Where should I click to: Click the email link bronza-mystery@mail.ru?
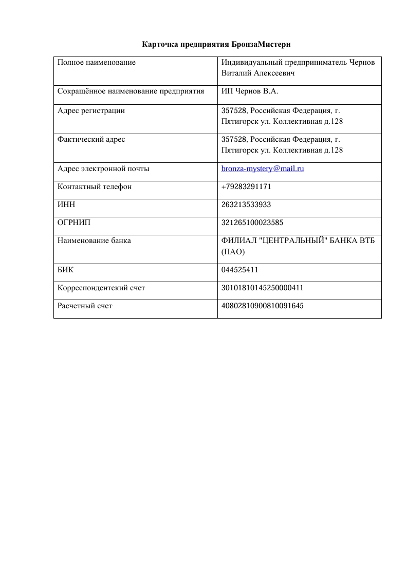click(262, 169)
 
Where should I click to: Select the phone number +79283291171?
click(246, 187)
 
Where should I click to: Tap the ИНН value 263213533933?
click(246, 204)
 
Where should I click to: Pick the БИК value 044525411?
click(239, 270)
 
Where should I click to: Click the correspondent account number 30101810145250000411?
click(259, 288)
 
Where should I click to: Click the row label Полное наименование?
click(97, 62)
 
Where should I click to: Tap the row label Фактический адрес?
click(91, 139)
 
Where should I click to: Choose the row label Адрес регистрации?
click(91, 110)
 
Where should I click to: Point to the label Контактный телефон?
click(95, 187)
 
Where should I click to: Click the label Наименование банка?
click(94, 240)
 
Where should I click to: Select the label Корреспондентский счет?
click(101, 288)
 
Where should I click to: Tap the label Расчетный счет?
click(85, 306)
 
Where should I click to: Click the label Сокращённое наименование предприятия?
click(131, 91)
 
